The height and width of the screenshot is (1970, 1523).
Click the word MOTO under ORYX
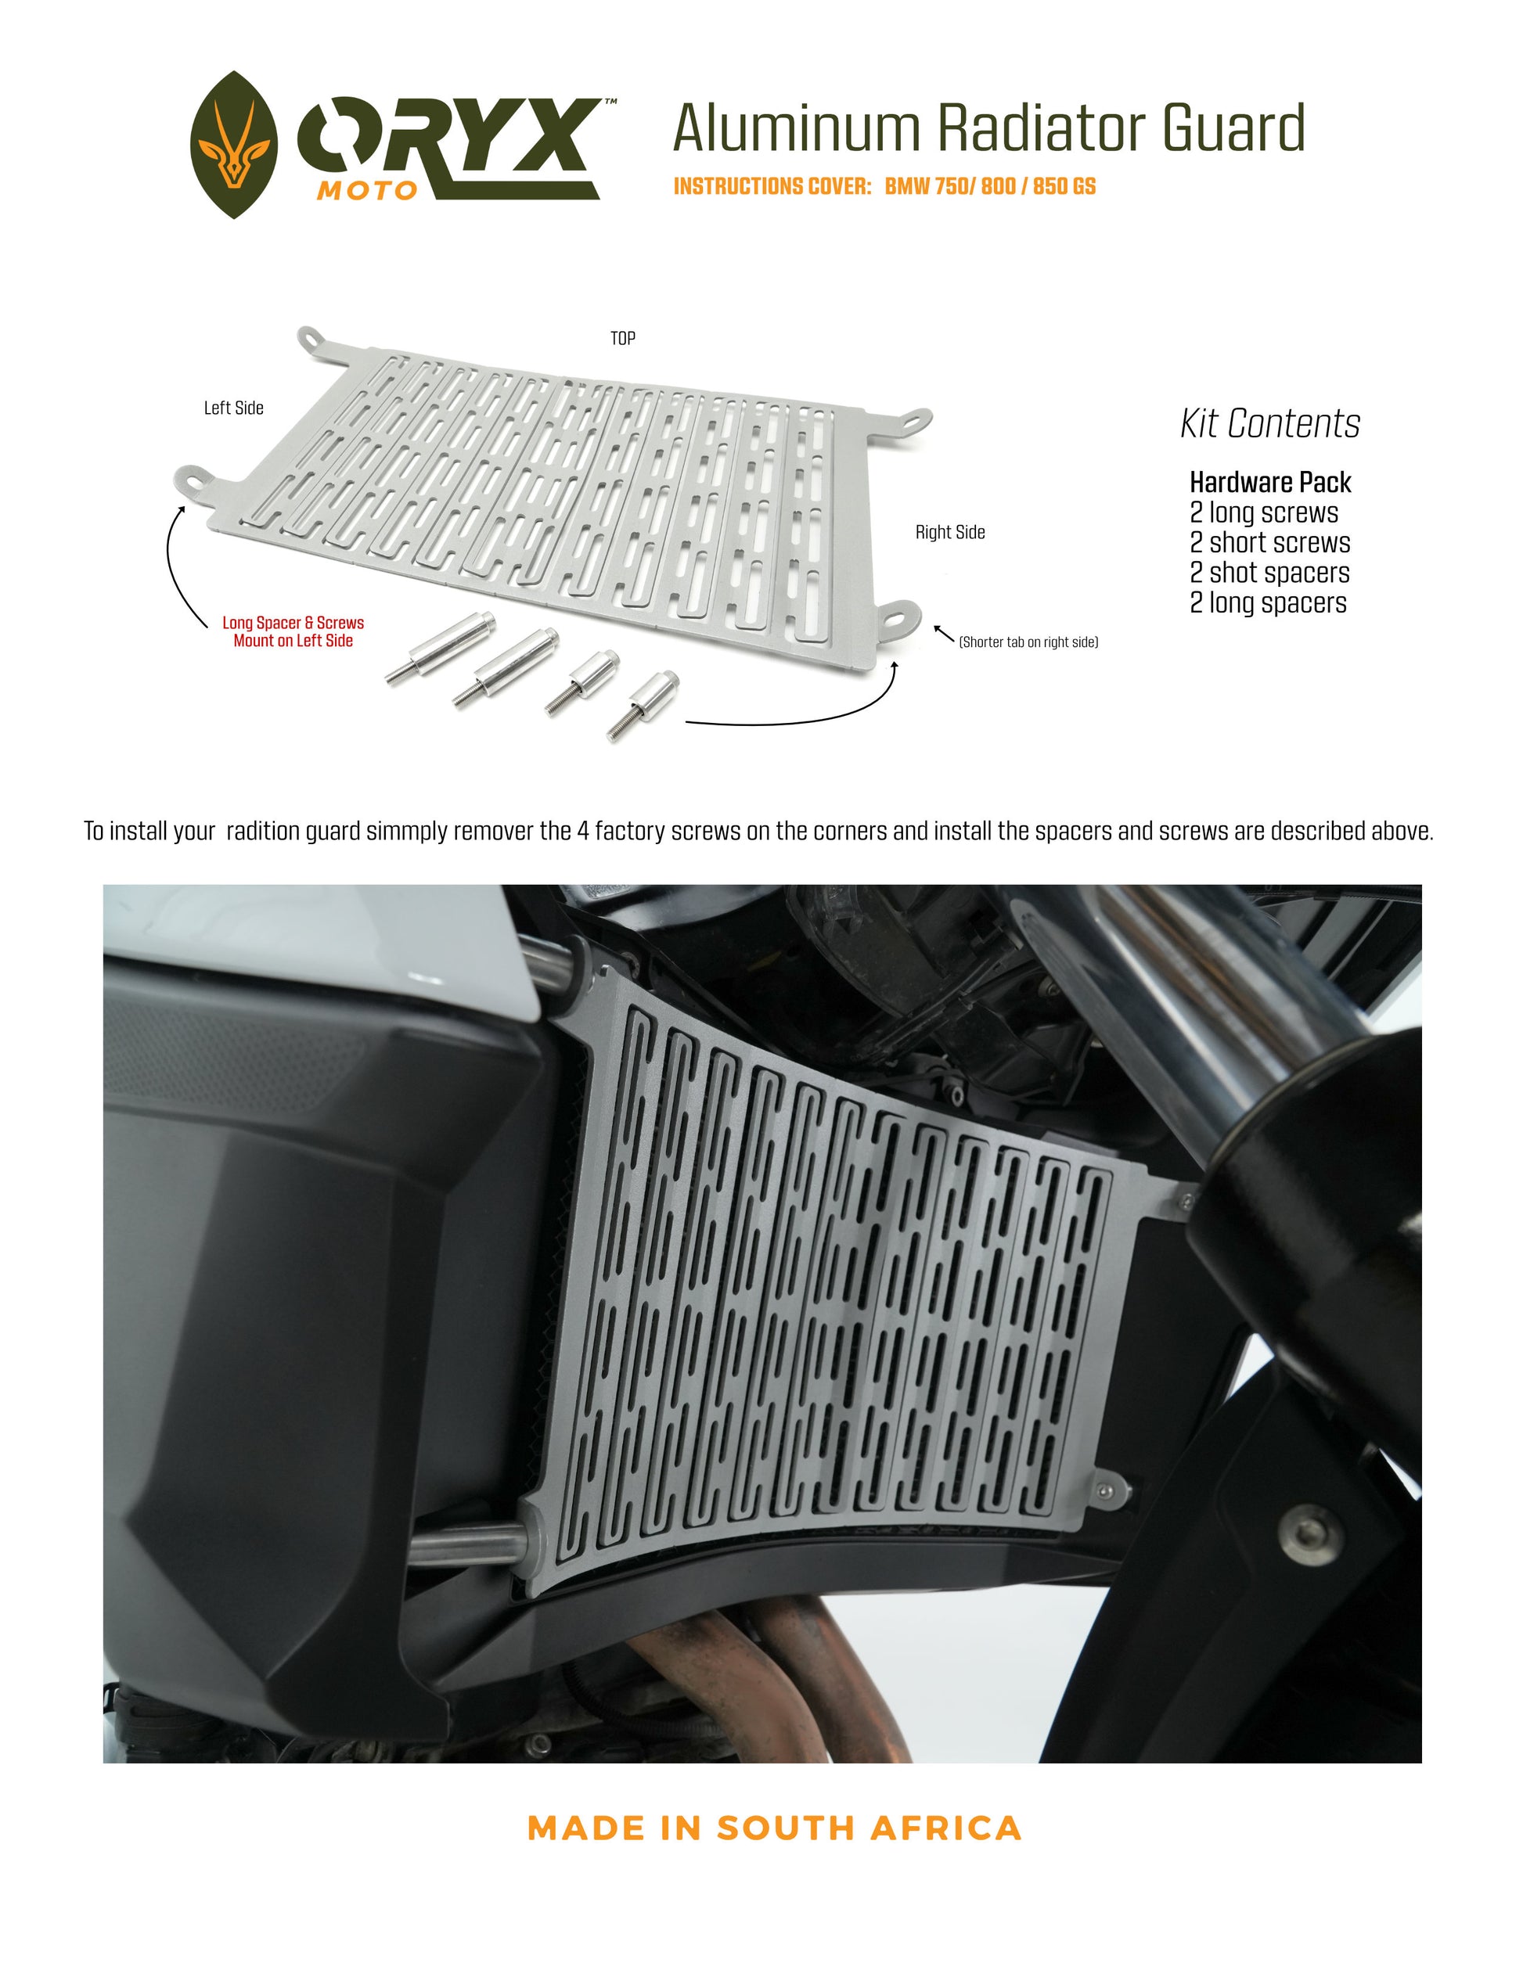coord(366,190)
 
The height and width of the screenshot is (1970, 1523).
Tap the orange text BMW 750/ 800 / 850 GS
coord(990,187)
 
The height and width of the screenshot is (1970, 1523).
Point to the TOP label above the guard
coord(622,338)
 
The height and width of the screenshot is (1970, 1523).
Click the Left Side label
coord(234,408)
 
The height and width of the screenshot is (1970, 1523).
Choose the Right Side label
coord(950,532)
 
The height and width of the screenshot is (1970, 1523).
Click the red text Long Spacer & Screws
coord(293,623)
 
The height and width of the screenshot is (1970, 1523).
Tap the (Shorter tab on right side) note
coord(1028,642)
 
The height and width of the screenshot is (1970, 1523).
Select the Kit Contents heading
coord(1270,423)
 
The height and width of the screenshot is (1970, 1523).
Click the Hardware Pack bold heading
coord(1270,483)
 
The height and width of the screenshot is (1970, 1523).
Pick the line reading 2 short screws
coord(1270,543)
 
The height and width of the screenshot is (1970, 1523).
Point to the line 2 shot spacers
coord(1269,573)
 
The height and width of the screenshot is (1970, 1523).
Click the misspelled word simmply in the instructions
coord(407,832)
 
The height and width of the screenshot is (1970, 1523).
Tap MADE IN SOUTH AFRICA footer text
coord(774,1828)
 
